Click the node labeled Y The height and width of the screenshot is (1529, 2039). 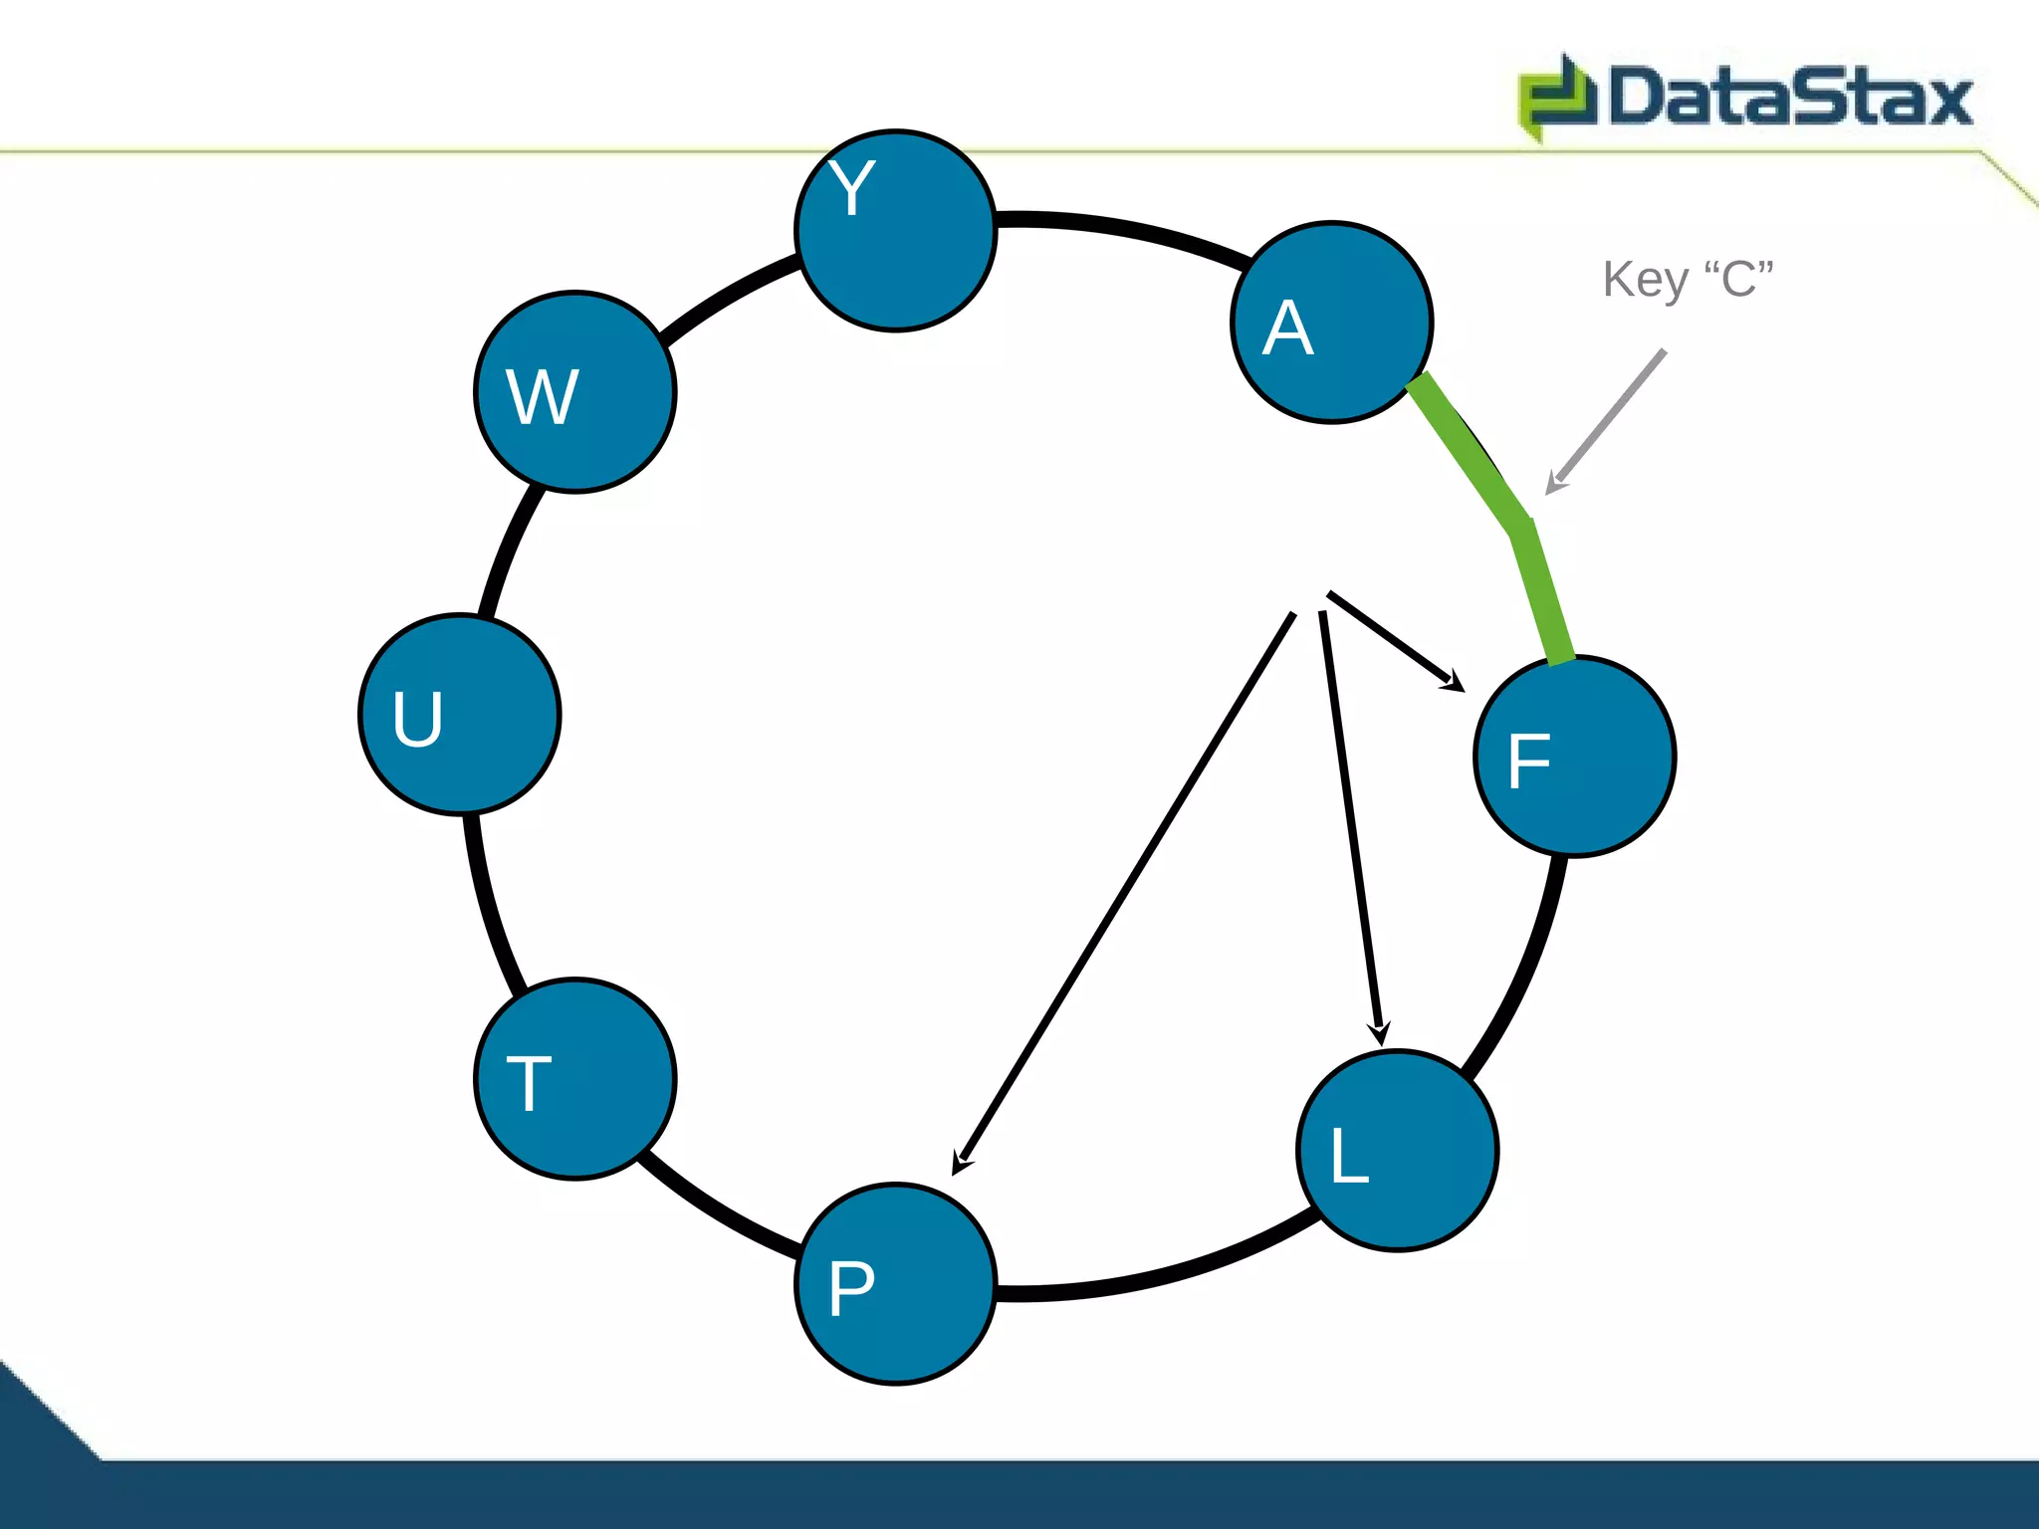click(896, 231)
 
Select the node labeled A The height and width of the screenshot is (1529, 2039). click(1332, 323)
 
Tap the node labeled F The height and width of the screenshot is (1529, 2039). click(1575, 757)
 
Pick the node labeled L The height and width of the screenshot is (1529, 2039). click(1398, 1151)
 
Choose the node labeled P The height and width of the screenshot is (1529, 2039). click(896, 1284)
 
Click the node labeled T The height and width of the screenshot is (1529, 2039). click(575, 1079)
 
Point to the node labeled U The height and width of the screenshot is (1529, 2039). click(460, 715)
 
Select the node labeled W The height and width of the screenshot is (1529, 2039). click(575, 392)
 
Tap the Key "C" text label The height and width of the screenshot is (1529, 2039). click(1689, 280)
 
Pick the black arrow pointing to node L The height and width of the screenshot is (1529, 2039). click(1351, 826)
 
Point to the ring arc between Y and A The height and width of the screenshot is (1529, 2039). click(1125, 228)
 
